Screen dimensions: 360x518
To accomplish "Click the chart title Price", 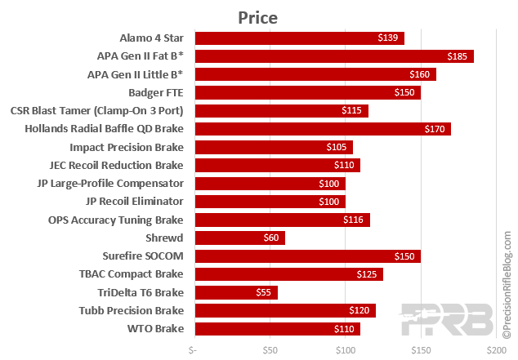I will click(258, 17).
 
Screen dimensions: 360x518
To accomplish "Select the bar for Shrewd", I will click(239, 238).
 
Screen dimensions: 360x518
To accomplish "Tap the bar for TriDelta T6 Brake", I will click(235, 292).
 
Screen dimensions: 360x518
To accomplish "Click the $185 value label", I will click(458, 56).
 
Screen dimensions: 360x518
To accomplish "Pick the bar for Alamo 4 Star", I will click(298, 38).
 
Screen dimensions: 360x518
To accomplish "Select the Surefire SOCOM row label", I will click(143, 256).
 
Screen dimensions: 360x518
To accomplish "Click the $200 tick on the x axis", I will click(496, 350).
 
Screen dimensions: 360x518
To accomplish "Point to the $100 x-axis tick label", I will click(346, 350).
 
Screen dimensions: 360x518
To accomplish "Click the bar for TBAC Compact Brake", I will click(288, 274).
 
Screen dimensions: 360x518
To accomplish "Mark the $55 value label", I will click(264, 292).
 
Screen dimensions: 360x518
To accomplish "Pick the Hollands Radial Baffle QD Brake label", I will click(105, 129).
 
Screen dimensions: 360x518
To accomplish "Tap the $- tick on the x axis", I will click(193, 350).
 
